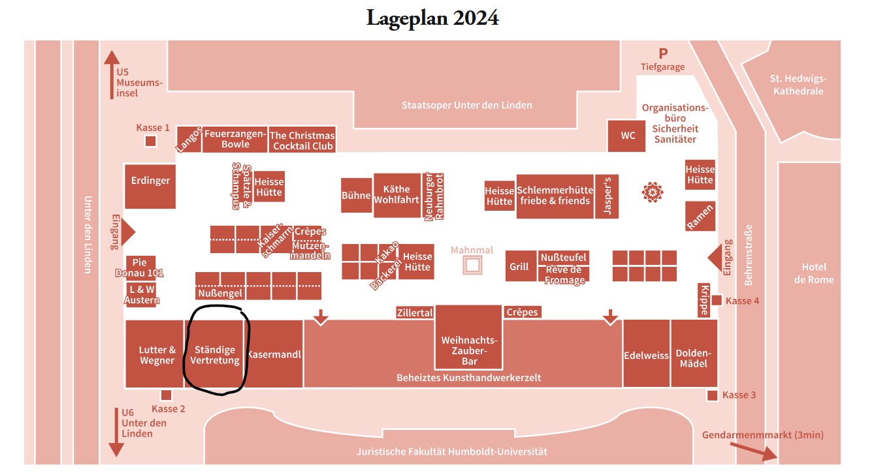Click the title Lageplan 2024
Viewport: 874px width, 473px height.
click(x=432, y=18)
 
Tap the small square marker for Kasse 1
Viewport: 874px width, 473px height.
click(x=150, y=141)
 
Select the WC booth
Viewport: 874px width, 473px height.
click(x=628, y=136)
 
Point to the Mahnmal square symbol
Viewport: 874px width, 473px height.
click(x=472, y=265)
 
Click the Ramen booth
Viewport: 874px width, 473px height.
click(x=700, y=216)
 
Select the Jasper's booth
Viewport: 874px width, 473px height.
click(x=607, y=196)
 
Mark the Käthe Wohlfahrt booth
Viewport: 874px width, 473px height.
click(x=397, y=194)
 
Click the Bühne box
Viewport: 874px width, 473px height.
click(x=356, y=195)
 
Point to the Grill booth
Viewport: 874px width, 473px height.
click(x=519, y=266)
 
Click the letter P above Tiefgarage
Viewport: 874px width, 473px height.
click(x=663, y=53)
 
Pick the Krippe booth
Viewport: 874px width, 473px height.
click(x=704, y=301)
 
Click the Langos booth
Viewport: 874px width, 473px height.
click(x=188, y=139)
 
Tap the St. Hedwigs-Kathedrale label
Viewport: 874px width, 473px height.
click(x=798, y=85)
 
